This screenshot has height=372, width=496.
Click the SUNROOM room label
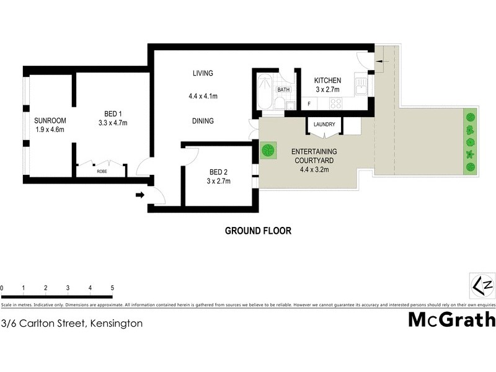coord(50,120)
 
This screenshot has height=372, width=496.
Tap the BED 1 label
coord(112,113)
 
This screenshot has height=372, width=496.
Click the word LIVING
coord(203,73)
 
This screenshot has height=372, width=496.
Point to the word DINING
coord(203,121)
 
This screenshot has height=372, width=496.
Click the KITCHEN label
coord(327,81)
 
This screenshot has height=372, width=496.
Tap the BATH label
coord(283,90)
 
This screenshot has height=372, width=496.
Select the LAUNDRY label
coord(324,125)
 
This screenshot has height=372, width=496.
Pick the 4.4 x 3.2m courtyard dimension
coord(314,169)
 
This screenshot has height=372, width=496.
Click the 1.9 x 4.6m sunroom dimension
coord(50,130)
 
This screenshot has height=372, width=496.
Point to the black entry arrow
coord(139,195)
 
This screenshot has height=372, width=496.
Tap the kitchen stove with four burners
coord(335,104)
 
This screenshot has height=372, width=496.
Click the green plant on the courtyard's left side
coord(268,151)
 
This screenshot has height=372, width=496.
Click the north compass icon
coord(482,285)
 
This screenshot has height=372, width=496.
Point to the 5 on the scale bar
coord(112,288)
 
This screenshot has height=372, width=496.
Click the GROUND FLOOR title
coord(257,231)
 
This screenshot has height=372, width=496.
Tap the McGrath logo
coord(451,319)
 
